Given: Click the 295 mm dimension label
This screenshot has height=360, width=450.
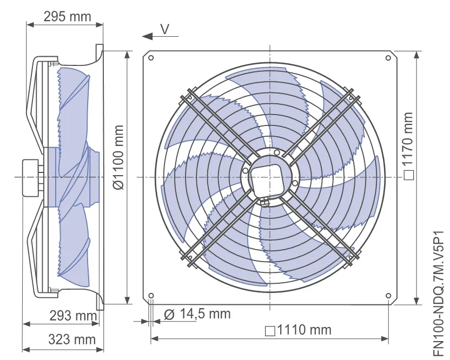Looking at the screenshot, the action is tap(68, 17).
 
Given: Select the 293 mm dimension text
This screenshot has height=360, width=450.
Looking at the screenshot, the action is tap(73, 316).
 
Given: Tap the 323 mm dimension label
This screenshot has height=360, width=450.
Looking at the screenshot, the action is tap(72, 339).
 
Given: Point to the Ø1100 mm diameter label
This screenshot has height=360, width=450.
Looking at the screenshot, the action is tap(118, 157).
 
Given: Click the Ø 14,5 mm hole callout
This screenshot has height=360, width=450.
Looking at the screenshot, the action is tap(197, 314).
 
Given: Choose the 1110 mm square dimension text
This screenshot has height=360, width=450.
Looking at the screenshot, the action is tap(299, 330).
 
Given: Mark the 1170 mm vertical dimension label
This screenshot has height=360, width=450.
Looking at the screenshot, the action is tap(407, 146).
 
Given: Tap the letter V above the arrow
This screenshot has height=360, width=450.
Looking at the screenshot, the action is tap(165, 29).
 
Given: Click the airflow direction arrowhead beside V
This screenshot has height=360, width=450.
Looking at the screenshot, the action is tap(147, 36).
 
